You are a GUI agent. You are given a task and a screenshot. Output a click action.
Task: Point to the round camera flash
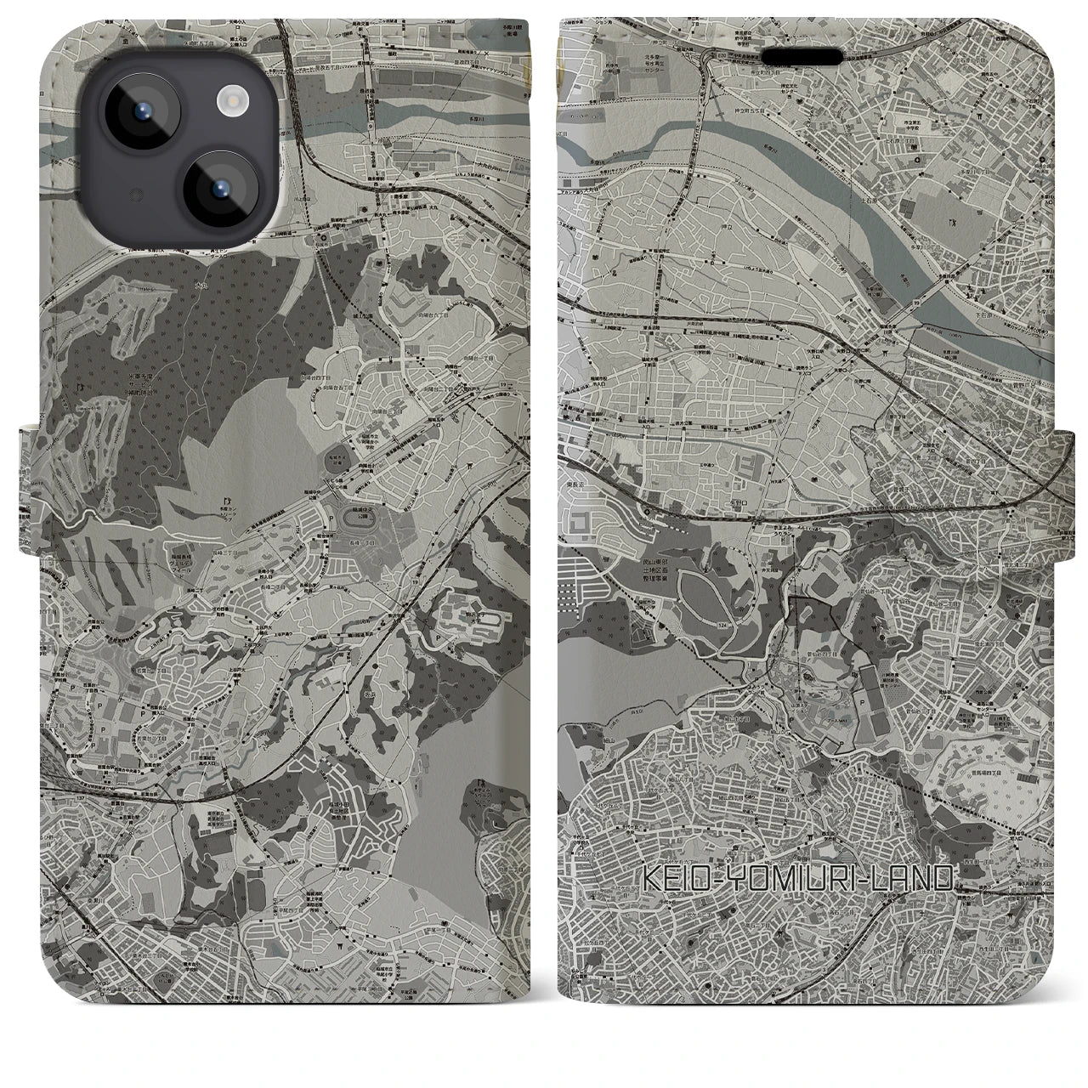[232, 102]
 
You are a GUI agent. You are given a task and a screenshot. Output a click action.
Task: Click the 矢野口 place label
[756, 502]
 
